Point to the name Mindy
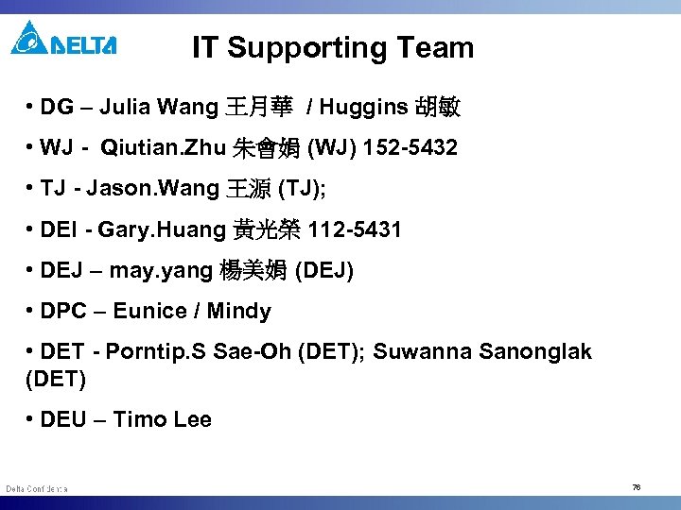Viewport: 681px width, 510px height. coord(238,311)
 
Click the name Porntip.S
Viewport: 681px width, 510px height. coord(155,352)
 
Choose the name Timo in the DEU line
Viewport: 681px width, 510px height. coord(135,419)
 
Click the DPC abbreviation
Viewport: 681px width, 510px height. coord(64,311)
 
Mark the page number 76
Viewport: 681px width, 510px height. coord(636,487)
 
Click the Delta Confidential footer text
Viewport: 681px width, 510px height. coord(36,488)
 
